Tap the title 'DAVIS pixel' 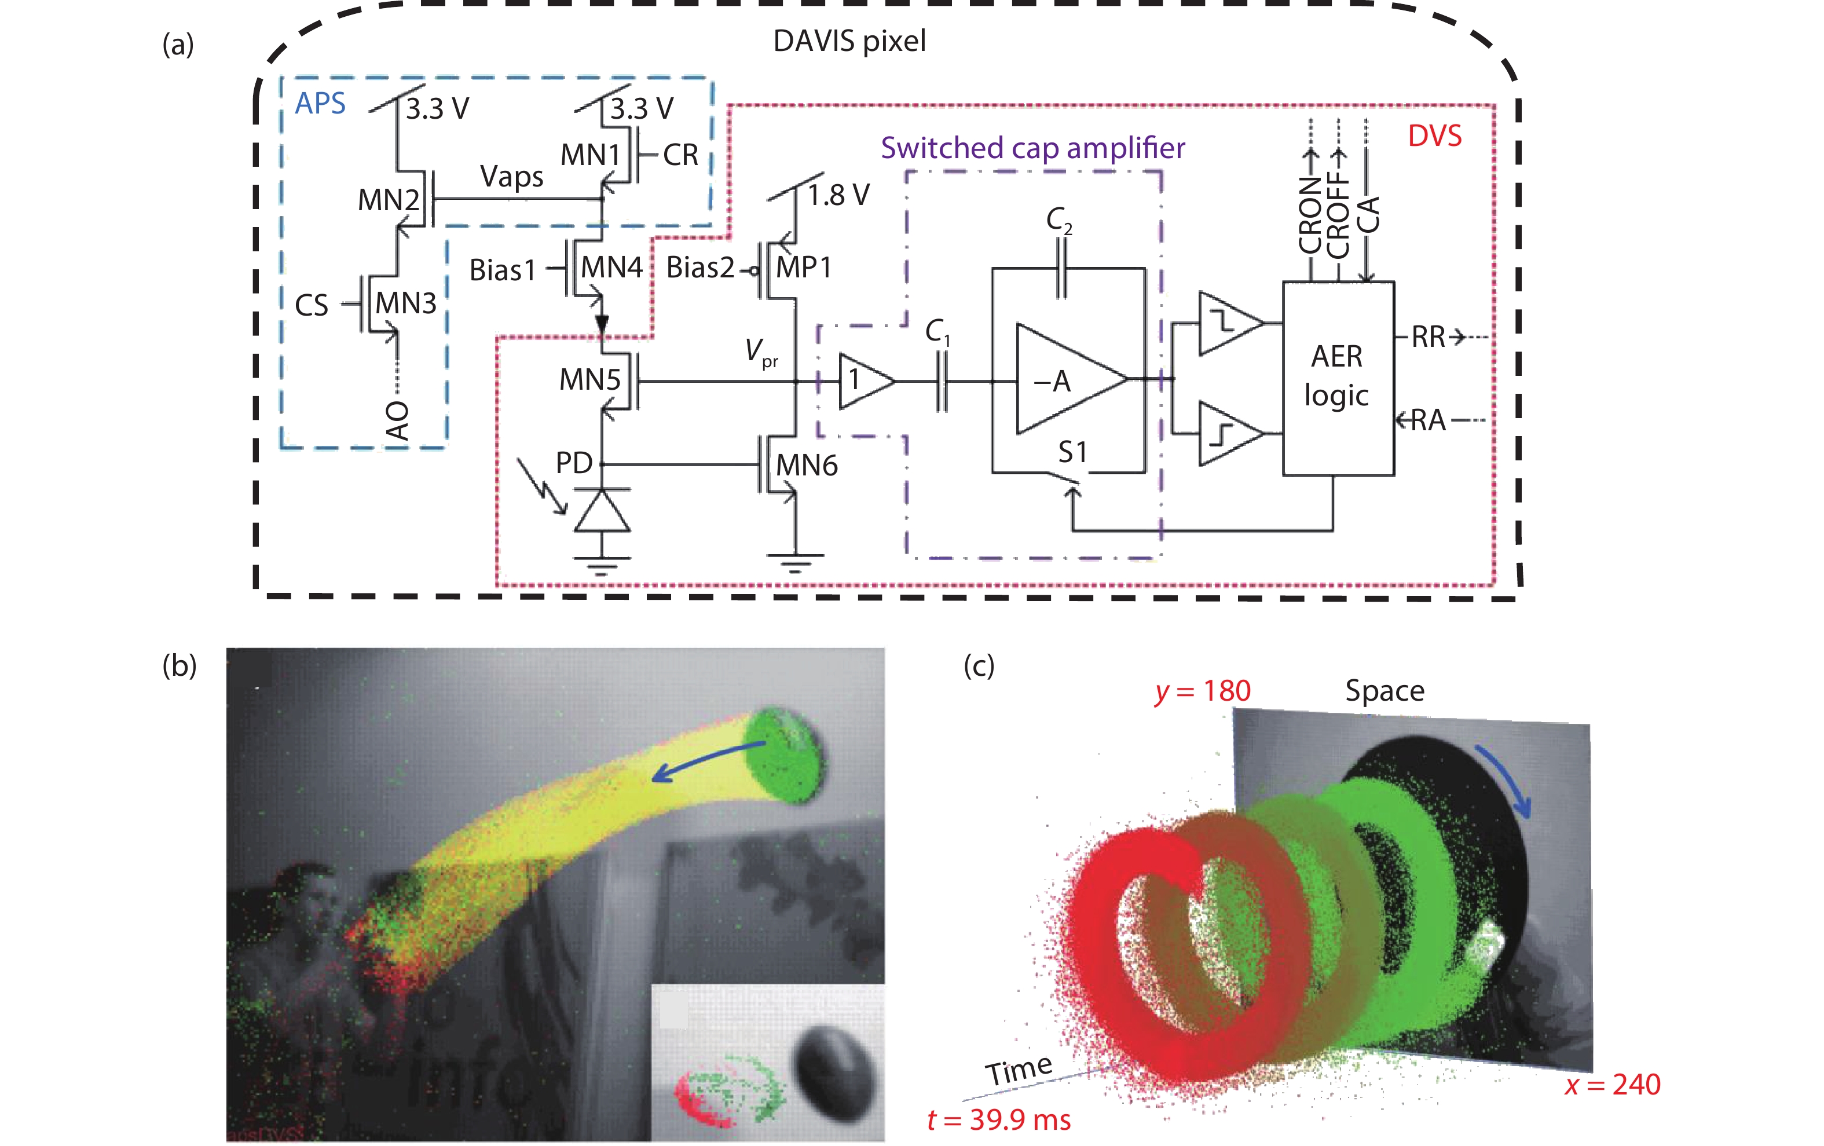pos(849,41)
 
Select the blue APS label pos(320,103)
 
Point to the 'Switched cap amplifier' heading pos(1032,148)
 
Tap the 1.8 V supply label pos(838,195)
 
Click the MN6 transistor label pos(807,465)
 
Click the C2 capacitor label pos(1059,219)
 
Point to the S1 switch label pos(1072,452)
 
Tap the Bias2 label pos(700,268)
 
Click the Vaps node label pos(511,177)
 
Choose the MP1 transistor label pos(804,268)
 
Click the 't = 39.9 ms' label pos(999,1119)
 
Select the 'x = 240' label pos(1612,1085)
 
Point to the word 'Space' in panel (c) pos(1384,691)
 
